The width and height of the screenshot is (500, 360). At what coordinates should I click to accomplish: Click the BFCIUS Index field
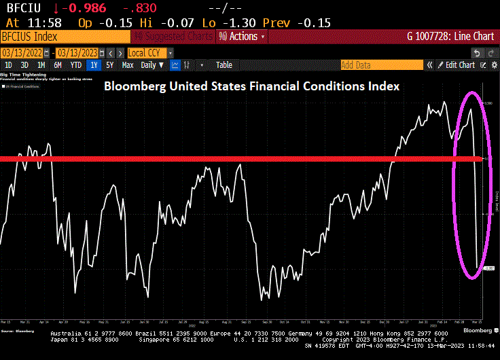click(x=31, y=37)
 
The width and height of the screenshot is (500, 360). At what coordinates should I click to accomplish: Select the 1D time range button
click(x=9, y=65)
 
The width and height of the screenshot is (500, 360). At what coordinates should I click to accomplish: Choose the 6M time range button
click(x=58, y=65)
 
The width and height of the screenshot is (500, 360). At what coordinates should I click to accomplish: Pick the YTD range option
click(x=75, y=65)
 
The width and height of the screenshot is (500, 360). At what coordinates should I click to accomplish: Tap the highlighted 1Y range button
click(x=94, y=65)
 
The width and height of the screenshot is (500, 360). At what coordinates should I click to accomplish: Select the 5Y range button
click(x=110, y=65)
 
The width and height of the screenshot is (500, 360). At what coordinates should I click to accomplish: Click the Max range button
click(x=128, y=65)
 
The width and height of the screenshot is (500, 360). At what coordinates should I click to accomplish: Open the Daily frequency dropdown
click(x=151, y=65)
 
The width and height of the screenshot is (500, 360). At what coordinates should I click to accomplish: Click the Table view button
click(x=224, y=65)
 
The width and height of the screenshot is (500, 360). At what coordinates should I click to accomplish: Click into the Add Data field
click(x=380, y=65)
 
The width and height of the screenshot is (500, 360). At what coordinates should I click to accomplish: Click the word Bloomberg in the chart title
click(x=132, y=87)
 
